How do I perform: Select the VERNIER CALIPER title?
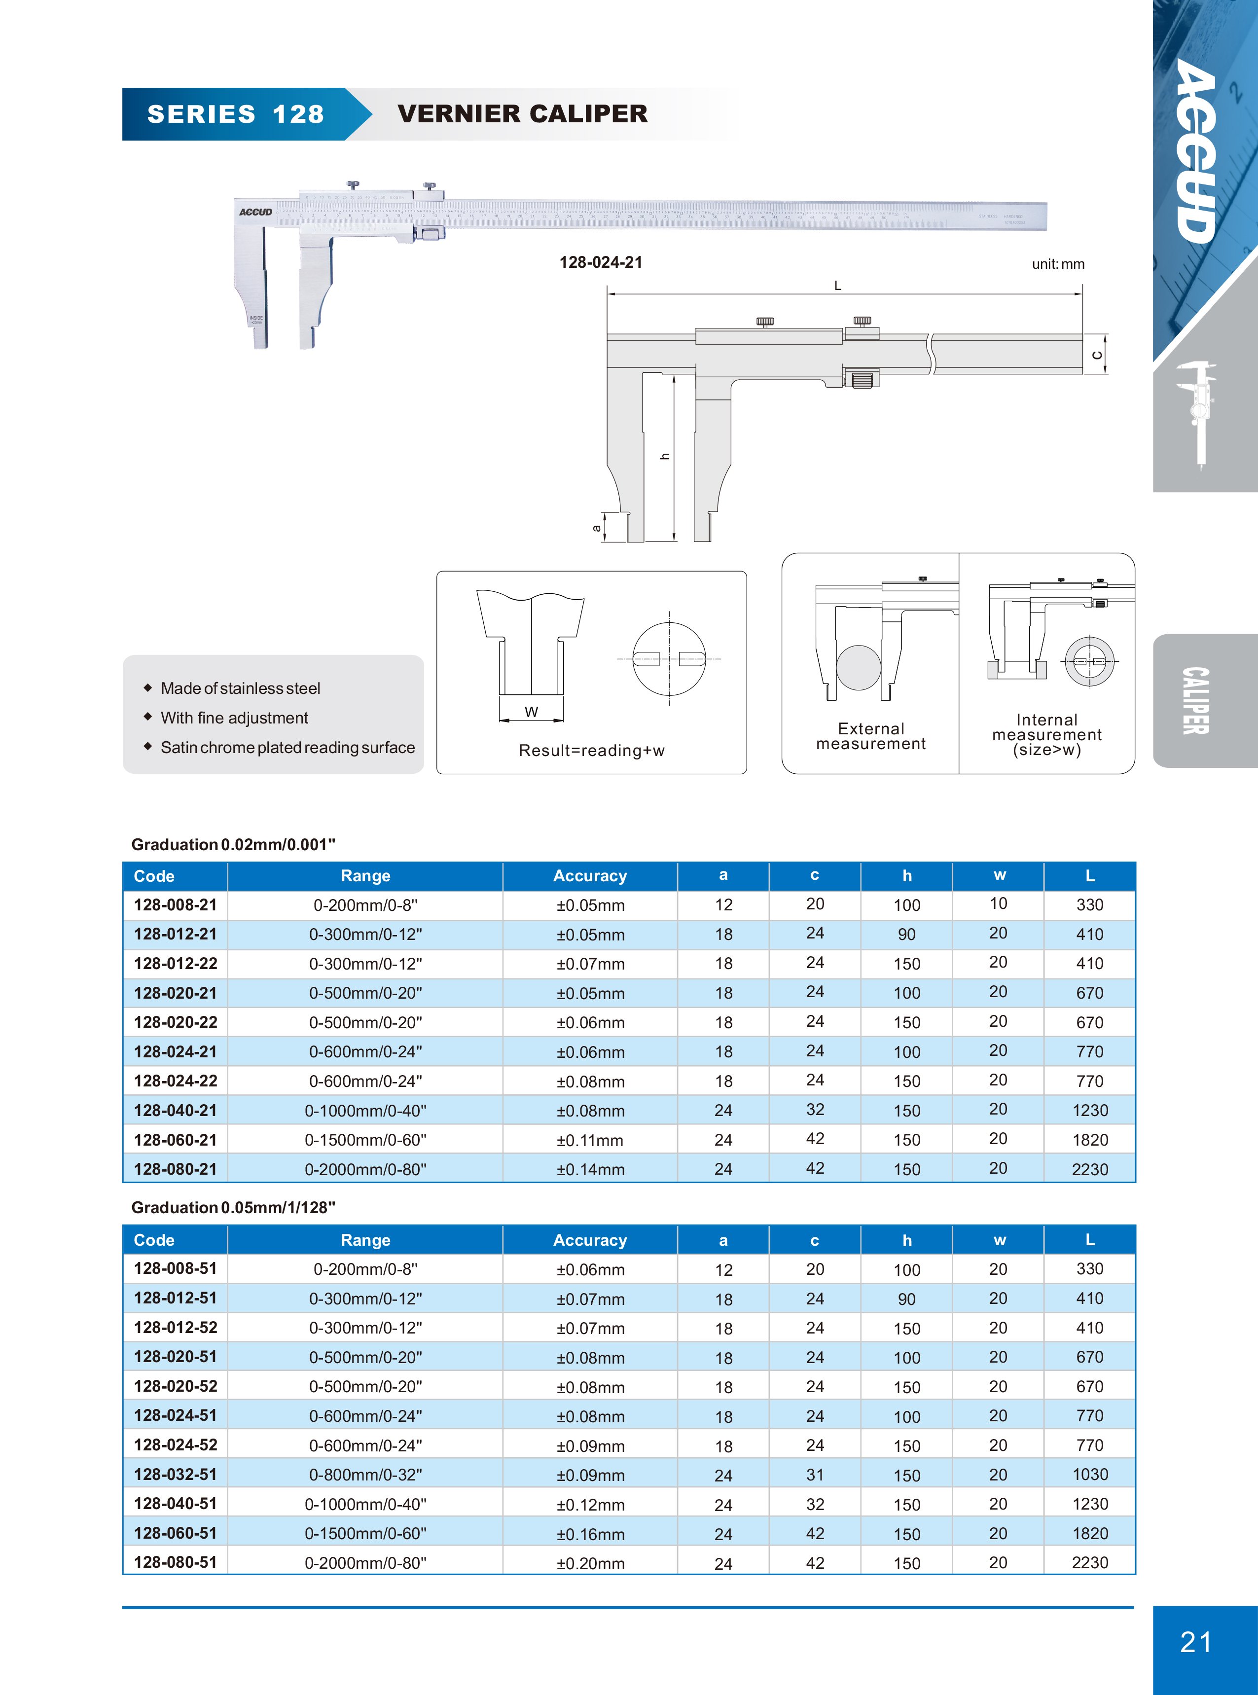click(x=522, y=114)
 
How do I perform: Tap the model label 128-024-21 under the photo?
click(x=601, y=263)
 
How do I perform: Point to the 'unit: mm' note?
click(x=1058, y=264)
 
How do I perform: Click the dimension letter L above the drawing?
click(x=838, y=286)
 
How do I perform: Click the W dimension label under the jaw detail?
click(x=532, y=712)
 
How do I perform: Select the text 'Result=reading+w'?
click(x=592, y=751)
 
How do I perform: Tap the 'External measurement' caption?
click(x=871, y=736)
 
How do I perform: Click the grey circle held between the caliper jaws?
click(x=858, y=668)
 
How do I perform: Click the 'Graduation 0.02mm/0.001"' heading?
click(x=233, y=844)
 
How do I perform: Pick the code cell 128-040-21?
click(x=175, y=1110)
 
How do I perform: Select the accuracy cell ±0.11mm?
click(x=590, y=1140)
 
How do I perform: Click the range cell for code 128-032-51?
click(x=365, y=1475)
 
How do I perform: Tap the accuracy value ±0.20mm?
click(x=590, y=1563)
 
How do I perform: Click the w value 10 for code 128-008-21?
click(x=998, y=904)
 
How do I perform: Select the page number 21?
click(x=1195, y=1642)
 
